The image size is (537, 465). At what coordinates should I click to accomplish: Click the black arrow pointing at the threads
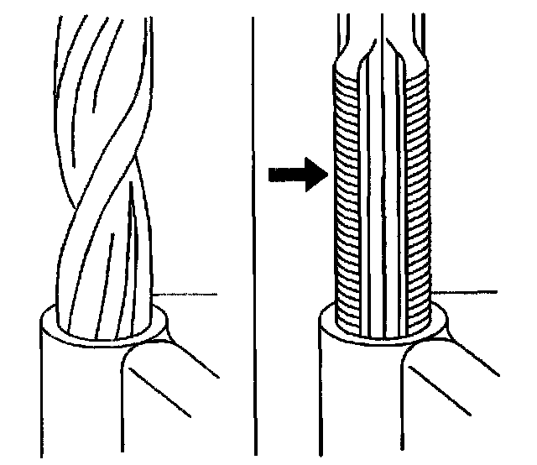tap(295, 175)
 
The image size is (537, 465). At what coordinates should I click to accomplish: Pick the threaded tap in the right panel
tap(382, 185)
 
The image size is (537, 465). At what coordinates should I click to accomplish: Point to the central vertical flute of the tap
tap(382, 193)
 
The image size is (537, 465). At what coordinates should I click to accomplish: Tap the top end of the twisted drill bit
tap(101, 17)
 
